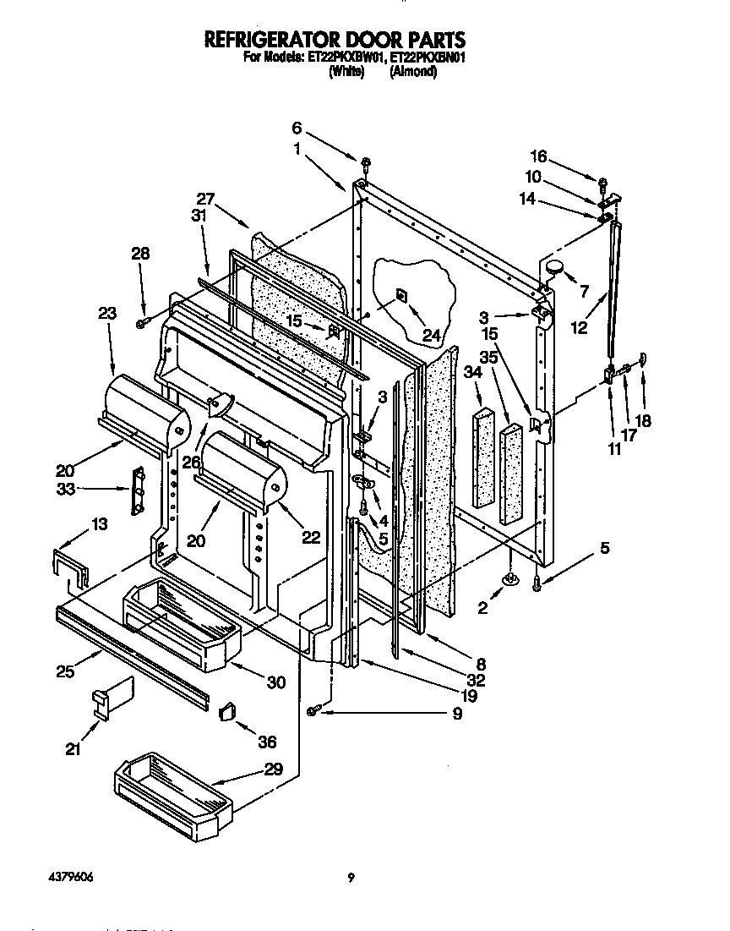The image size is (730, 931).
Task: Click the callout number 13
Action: (99, 525)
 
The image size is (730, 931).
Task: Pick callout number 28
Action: (140, 252)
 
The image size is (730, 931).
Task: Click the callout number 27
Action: (205, 200)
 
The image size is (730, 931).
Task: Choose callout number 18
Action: (643, 420)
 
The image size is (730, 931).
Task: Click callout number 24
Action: (433, 336)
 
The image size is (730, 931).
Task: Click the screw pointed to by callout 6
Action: (365, 162)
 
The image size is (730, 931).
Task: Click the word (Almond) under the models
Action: (412, 73)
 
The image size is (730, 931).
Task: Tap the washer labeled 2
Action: (510, 580)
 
